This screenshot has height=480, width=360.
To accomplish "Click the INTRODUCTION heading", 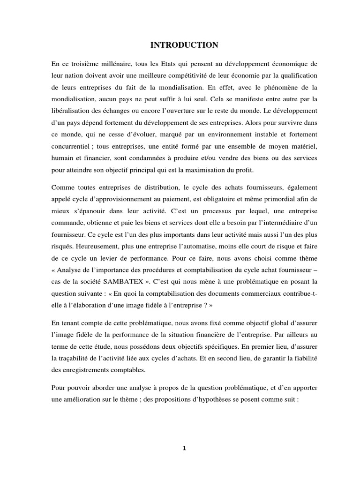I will click(184, 45).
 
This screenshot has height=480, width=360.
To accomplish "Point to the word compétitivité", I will click(191, 75).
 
